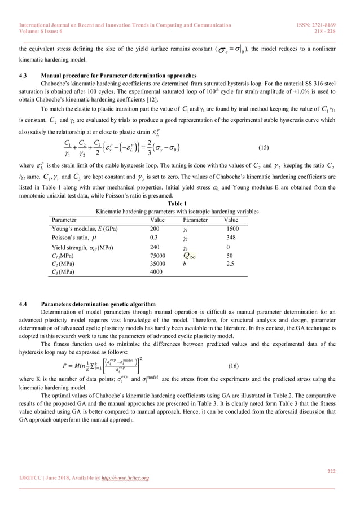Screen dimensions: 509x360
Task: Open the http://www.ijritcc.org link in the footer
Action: pyautogui.click(x=122, y=478)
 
